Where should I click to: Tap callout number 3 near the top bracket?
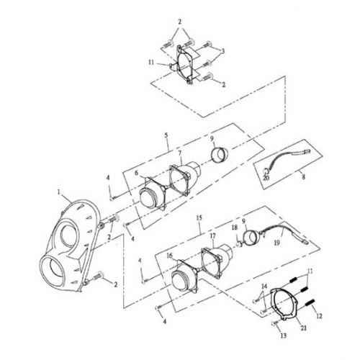pyautogui.click(x=222, y=51)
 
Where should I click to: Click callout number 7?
pyautogui.click(x=179, y=154)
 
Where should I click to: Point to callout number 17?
pyautogui.click(x=212, y=236)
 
